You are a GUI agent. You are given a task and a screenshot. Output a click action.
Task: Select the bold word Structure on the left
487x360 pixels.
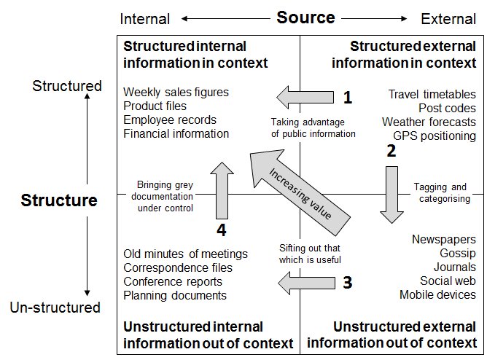(58, 200)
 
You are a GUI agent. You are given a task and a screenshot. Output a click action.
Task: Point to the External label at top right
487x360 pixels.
(448, 19)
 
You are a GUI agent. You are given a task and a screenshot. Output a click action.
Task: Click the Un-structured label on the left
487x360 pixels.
(55, 308)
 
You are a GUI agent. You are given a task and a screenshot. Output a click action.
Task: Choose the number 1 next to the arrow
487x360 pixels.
(348, 97)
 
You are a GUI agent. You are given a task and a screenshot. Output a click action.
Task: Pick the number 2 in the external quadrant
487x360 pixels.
(391, 152)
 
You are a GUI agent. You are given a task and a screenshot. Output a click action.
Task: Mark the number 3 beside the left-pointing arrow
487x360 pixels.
(348, 283)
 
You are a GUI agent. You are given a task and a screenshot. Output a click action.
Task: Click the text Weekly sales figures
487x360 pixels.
(176, 93)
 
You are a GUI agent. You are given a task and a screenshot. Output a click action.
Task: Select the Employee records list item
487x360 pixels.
(170, 120)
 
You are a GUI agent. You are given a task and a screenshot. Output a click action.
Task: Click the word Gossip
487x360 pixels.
(458, 254)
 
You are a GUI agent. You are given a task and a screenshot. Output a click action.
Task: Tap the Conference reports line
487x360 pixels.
(173, 282)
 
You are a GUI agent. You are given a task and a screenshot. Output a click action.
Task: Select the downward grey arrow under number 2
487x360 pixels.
(392, 193)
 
